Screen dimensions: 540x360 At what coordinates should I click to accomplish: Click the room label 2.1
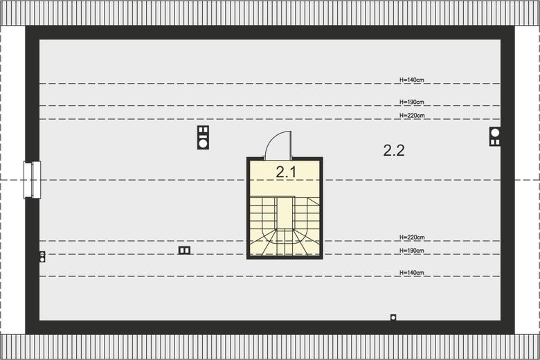pos(286,172)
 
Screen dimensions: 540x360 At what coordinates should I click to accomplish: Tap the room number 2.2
pos(394,150)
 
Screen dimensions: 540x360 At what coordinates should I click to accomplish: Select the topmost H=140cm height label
pos(411,80)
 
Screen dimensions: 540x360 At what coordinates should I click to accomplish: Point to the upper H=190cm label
pos(411,102)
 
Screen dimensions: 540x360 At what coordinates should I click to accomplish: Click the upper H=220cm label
pos(412,116)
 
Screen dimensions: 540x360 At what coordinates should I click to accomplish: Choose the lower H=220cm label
pos(412,237)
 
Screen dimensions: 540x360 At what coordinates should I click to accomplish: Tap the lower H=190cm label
pos(411,251)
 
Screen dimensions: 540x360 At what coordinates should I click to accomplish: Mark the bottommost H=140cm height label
pos(411,273)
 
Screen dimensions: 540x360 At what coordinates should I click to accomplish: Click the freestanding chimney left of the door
pos(203,137)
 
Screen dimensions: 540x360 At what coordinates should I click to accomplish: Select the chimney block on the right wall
pos(495,136)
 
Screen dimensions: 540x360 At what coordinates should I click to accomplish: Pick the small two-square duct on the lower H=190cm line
pos(184,250)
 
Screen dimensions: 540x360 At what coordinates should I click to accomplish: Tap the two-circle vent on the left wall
pos(42,257)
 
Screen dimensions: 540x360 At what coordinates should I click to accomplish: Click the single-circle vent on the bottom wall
pos(393,317)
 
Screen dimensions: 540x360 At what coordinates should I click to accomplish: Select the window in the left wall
pos(33,179)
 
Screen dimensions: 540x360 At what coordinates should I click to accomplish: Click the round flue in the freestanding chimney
pos(203,143)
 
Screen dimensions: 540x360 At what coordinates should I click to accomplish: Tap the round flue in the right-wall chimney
pos(495,133)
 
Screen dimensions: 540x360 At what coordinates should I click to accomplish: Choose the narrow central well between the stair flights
pos(285,213)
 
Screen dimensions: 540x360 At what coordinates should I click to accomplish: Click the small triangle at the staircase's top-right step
pos(314,201)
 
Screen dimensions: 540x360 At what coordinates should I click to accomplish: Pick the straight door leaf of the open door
pos(291,145)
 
